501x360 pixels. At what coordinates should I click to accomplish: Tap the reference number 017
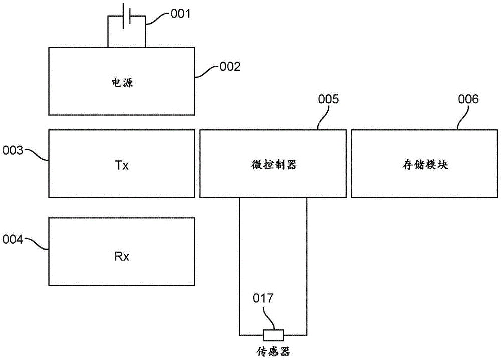(263, 299)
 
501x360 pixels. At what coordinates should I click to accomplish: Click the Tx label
(122, 165)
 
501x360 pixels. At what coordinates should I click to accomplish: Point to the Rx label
(122, 257)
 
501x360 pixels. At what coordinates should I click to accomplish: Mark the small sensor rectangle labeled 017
(273, 335)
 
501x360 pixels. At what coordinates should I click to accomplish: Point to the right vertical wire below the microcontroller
(306, 265)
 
